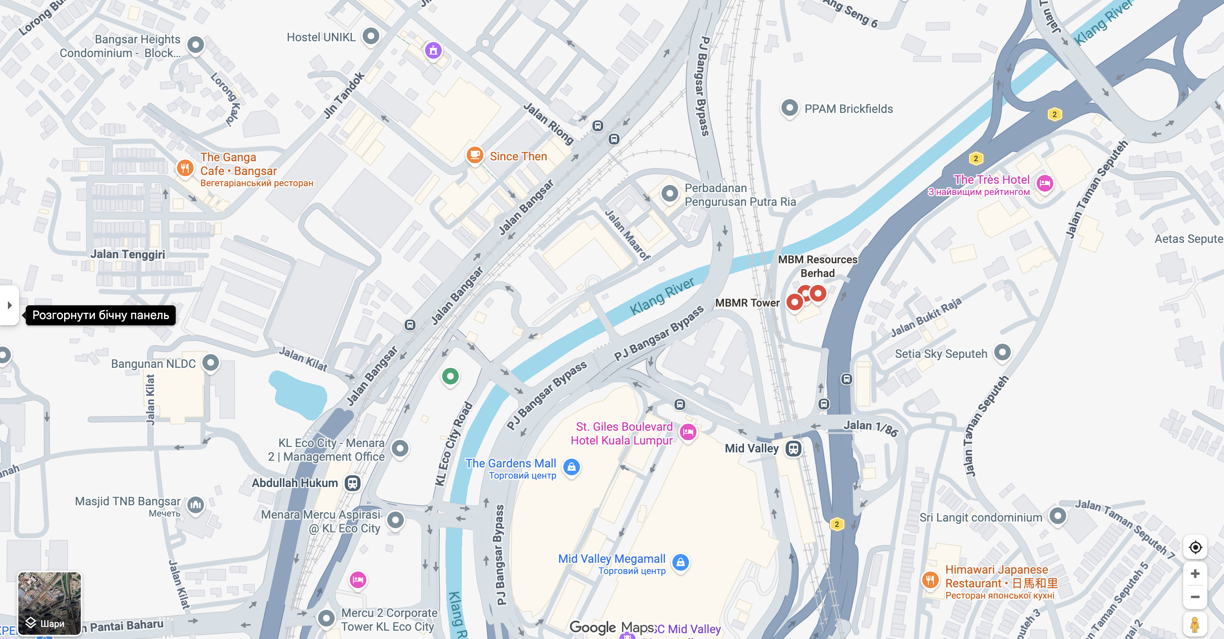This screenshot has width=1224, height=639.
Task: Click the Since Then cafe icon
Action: click(474, 155)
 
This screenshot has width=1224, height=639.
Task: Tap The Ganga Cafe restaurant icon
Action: click(185, 168)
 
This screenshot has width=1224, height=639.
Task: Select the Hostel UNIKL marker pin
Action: click(371, 36)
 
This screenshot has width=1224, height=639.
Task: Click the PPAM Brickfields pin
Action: click(789, 108)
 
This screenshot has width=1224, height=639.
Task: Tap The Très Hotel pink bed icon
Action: click(1045, 183)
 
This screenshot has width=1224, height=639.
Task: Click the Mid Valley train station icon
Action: click(793, 448)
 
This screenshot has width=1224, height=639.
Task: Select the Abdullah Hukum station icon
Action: click(352, 483)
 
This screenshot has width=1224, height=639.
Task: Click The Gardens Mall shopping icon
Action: click(571, 467)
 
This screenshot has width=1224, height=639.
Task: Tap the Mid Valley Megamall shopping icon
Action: click(680, 562)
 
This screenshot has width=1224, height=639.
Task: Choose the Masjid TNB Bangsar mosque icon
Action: click(195, 505)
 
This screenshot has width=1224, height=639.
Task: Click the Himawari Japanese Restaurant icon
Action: click(930, 579)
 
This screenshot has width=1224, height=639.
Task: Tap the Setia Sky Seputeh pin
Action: click(1002, 352)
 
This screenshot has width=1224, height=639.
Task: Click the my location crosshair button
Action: click(1195, 547)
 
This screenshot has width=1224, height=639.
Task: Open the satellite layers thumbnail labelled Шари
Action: click(50, 603)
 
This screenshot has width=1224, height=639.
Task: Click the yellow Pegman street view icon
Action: click(1194, 624)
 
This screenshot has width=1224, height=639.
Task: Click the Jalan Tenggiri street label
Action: click(128, 255)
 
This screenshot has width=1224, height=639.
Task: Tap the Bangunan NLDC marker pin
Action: click(211, 363)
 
